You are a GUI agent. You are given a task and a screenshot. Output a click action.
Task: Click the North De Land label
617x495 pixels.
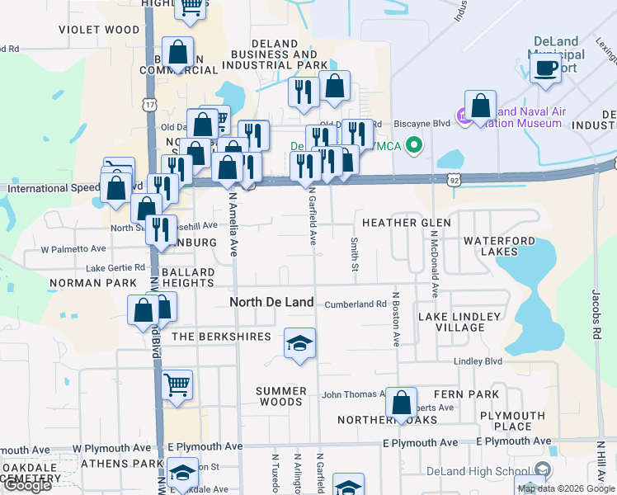coord(271,303)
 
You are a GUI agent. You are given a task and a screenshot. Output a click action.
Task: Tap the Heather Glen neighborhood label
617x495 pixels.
coord(406,224)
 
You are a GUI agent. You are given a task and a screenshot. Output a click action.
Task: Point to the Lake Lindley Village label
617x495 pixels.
coord(459,322)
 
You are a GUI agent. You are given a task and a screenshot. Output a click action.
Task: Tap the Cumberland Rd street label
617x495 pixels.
coord(355,304)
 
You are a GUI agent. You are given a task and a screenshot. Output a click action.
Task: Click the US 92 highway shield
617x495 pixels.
coord(455,178)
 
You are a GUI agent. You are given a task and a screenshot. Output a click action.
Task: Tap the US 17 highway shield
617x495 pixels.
coord(148,106)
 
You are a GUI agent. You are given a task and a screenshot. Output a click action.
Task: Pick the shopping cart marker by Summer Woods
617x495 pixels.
coord(177,384)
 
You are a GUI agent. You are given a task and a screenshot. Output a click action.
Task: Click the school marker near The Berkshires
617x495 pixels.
coord(299,342)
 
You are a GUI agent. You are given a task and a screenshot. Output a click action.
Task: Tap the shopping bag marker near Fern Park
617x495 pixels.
coord(401,403)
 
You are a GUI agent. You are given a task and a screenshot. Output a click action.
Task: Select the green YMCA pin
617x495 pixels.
coord(416,147)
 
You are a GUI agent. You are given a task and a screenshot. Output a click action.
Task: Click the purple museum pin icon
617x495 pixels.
coord(464,117)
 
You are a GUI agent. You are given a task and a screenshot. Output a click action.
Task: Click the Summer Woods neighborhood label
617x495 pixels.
coord(280,396)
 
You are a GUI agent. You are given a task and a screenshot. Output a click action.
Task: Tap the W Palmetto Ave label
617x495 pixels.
coord(73,248)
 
